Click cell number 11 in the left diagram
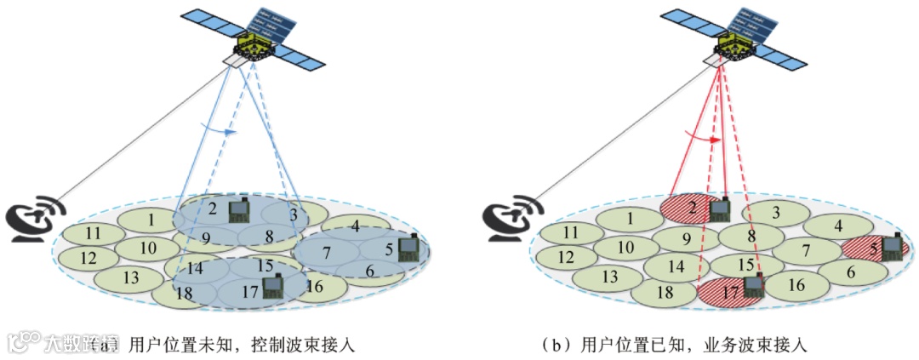point(93,232)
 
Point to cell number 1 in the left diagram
point(151,220)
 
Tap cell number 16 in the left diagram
point(315,287)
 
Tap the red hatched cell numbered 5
point(870,249)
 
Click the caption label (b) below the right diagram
point(558,345)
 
